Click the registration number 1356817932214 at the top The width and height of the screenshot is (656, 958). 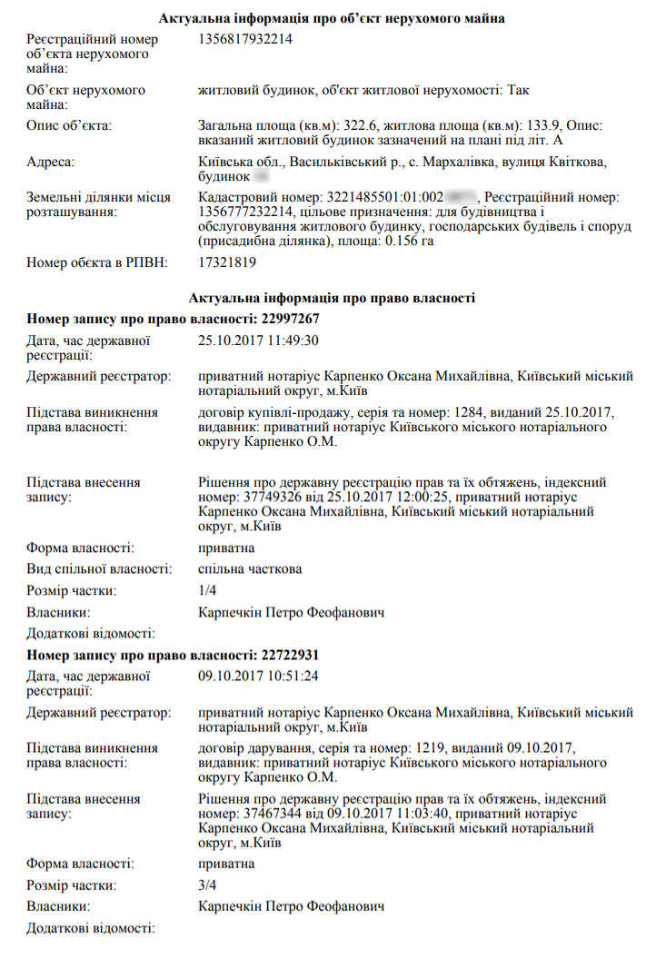pos(244,39)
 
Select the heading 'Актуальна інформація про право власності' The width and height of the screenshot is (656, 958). pos(333,298)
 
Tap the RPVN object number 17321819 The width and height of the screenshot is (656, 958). pos(227,262)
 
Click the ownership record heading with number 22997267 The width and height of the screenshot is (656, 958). pos(173,319)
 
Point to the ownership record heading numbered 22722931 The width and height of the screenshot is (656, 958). pos(173,654)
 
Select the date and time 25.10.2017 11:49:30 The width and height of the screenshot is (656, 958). pos(258,341)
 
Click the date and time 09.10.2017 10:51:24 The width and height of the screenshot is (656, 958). pos(258,676)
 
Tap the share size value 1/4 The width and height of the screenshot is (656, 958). pos(207,591)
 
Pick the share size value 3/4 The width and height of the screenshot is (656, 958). pos(207,884)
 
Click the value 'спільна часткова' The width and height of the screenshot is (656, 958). pos(250,569)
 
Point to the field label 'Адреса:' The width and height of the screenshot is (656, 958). pos(52,162)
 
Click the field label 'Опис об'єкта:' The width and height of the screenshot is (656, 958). pos(69,125)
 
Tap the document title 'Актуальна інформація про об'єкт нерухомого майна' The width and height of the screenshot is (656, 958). pos(333,18)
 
